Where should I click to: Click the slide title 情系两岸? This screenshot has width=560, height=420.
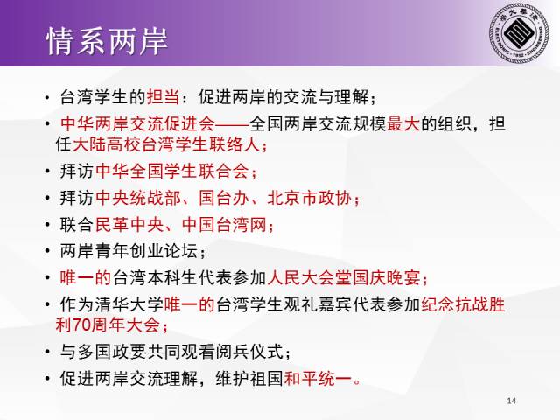[107, 41]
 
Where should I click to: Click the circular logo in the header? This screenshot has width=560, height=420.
[519, 33]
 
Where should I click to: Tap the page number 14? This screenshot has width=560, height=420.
[511, 401]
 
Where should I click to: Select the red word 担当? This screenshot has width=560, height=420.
[164, 96]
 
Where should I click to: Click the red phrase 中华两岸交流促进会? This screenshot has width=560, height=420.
[137, 123]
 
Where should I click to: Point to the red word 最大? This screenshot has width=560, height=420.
[403, 123]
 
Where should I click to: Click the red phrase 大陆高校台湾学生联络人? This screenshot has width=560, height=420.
[166, 144]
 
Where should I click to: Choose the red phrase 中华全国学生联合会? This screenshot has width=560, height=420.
[172, 171]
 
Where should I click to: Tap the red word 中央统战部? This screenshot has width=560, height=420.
[138, 198]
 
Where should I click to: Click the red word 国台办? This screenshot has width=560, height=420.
[224, 198]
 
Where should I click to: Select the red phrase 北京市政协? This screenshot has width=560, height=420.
[310, 198]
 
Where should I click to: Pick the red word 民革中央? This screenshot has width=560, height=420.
[129, 225]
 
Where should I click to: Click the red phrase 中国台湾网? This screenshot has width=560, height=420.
[224, 225]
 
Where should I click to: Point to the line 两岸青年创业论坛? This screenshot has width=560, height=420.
[129, 251]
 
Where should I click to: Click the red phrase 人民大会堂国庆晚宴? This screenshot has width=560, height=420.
[344, 278]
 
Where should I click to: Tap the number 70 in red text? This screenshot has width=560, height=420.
[81, 325]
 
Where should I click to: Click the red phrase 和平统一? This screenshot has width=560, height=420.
[318, 379]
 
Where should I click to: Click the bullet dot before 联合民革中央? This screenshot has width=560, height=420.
[47, 225]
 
